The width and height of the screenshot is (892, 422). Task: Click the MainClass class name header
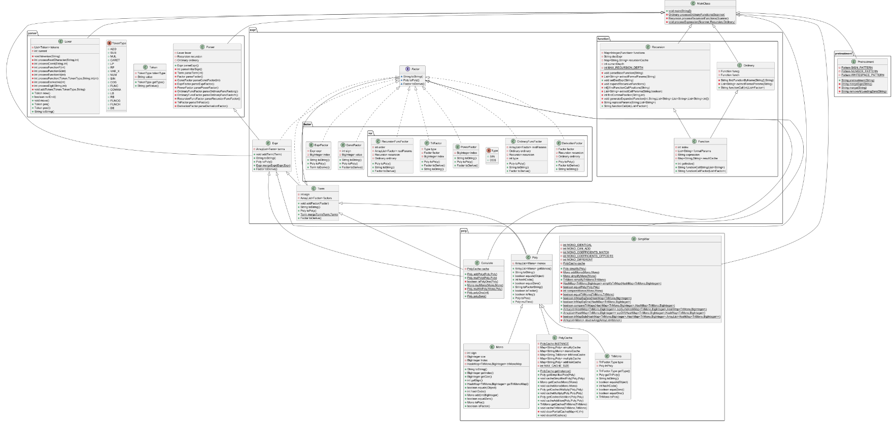pyautogui.click(x=703, y=4)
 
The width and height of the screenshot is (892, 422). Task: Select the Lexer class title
pyautogui.click(x=68, y=42)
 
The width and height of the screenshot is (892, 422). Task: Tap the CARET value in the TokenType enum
pyautogui.click(x=115, y=60)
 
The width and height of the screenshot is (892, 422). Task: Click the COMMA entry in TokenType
pyautogui.click(x=116, y=89)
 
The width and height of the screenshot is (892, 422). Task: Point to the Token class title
pyautogui.click(x=153, y=67)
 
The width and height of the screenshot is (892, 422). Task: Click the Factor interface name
pyautogui.click(x=415, y=69)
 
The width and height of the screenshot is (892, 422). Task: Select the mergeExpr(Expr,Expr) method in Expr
pyautogui.click(x=273, y=165)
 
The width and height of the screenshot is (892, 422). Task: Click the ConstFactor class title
pyautogui.click(x=354, y=145)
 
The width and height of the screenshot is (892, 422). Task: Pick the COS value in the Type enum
pyautogui.click(x=493, y=160)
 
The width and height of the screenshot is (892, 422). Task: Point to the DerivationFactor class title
pyautogui.click(x=572, y=143)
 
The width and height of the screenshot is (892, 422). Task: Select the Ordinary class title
pyautogui.click(x=748, y=65)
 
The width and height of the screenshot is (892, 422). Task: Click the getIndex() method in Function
pyautogui.click(x=685, y=164)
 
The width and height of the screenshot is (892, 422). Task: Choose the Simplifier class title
pyautogui.click(x=643, y=239)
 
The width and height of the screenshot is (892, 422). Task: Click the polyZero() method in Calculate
pyautogui.click(x=476, y=296)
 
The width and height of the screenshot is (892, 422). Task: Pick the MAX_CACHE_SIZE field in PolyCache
pyautogui.click(x=555, y=366)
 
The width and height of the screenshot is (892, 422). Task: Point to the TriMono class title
pyautogui.click(x=616, y=356)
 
